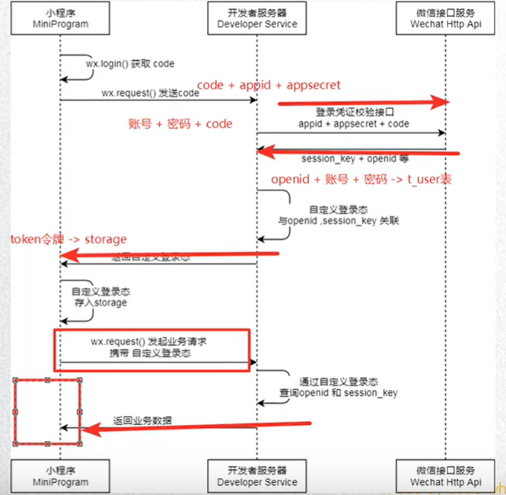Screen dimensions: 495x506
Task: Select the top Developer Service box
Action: tap(256, 19)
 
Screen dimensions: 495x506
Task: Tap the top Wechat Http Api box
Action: tap(446, 19)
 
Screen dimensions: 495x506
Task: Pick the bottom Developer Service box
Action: tap(256, 477)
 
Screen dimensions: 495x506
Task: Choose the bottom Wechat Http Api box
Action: tap(446, 477)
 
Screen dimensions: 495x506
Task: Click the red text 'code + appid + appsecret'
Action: tap(269, 85)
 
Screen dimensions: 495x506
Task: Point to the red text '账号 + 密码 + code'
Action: tap(180, 124)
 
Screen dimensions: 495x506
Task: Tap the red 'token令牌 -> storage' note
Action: tap(68, 239)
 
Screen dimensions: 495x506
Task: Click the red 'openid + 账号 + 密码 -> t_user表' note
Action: tap(361, 180)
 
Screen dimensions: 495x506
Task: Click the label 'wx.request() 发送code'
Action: tap(150, 92)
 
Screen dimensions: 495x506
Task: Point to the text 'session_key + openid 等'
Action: tap(355, 159)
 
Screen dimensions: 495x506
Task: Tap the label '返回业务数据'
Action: tap(142, 420)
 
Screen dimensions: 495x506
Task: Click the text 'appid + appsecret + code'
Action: tap(353, 123)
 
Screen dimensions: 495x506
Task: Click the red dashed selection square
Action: tap(47, 410)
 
